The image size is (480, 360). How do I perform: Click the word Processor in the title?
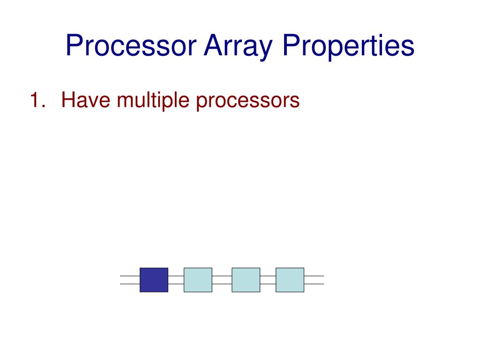pyautogui.click(x=131, y=46)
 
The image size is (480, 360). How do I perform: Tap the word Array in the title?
pyautogui.click(x=237, y=46)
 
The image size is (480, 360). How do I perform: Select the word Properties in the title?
pyautogui.click(x=348, y=46)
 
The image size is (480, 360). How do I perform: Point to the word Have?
pyautogui.click(x=87, y=100)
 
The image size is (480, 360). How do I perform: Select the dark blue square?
pyautogui.click(x=154, y=280)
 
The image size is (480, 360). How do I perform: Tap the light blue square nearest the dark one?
pyautogui.click(x=198, y=280)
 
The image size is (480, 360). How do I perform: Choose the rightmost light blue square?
pyautogui.click(x=290, y=280)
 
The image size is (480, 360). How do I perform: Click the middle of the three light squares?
pyautogui.click(x=246, y=280)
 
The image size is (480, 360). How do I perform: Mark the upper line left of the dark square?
pyautogui.click(x=130, y=276)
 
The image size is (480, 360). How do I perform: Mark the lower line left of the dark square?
pyautogui.click(x=130, y=284)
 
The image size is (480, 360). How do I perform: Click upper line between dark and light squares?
pyautogui.click(x=176, y=276)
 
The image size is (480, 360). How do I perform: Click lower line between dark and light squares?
pyautogui.click(x=176, y=284)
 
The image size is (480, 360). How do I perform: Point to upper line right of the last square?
pyautogui.click(x=314, y=276)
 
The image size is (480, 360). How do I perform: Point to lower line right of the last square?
pyautogui.click(x=314, y=284)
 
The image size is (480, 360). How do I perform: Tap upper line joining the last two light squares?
pyautogui.click(x=268, y=276)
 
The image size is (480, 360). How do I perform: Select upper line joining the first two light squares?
pyautogui.click(x=222, y=276)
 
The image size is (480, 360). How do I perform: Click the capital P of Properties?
pyautogui.click(x=290, y=46)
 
